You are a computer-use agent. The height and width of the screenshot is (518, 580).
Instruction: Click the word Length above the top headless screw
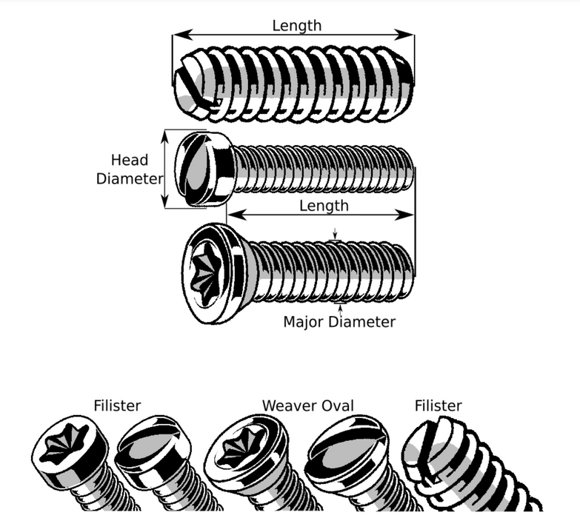click(x=296, y=25)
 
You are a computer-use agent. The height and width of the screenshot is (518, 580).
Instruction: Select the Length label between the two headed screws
click(x=324, y=205)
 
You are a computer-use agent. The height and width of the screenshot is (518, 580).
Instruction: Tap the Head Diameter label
click(x=129, y=169)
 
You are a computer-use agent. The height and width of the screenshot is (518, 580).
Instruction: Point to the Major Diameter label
click(x=339, y=322)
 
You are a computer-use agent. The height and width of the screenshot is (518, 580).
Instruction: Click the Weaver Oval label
click(x=307, y=406)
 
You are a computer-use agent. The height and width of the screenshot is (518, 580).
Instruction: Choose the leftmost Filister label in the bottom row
click(x=117, y=406)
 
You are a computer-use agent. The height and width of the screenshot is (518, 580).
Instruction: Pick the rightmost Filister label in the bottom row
click(x=438, y=406)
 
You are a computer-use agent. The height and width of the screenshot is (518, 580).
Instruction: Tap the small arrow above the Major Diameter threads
click(x=336, y=236)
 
